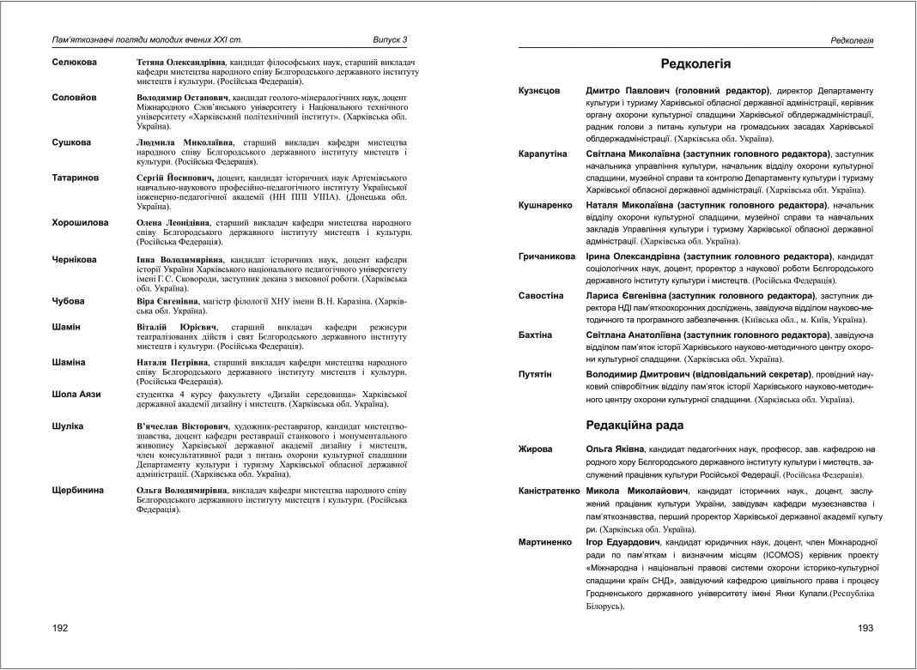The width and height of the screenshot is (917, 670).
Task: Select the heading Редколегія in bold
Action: pos(695,63)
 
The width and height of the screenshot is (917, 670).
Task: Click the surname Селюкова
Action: pos(75,63)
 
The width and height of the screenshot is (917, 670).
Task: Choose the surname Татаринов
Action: pos(76,178)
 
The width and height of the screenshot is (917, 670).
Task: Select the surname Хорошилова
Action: pos(80,222)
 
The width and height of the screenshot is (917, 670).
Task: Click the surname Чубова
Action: pos(69,300)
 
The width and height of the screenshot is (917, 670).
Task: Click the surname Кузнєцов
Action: pos(540,90)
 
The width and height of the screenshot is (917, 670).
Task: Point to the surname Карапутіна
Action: pos(544,153)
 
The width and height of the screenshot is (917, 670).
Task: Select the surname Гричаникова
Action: pos(547,257)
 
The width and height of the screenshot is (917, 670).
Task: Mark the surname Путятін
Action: pos(534,374)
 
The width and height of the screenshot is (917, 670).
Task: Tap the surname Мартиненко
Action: pos(545,543)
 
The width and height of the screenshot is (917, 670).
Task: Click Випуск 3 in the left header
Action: pos(390,39)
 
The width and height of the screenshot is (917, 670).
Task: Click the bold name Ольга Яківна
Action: pos(615,449)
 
